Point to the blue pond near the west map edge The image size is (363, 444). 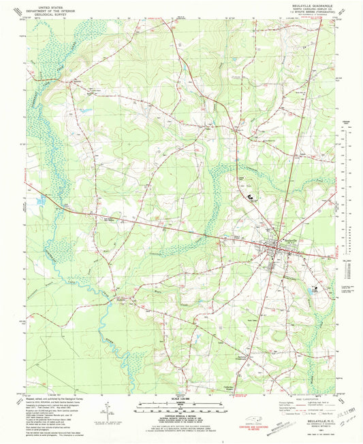click(42, 201)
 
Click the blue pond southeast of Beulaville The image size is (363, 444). click(313, 290)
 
